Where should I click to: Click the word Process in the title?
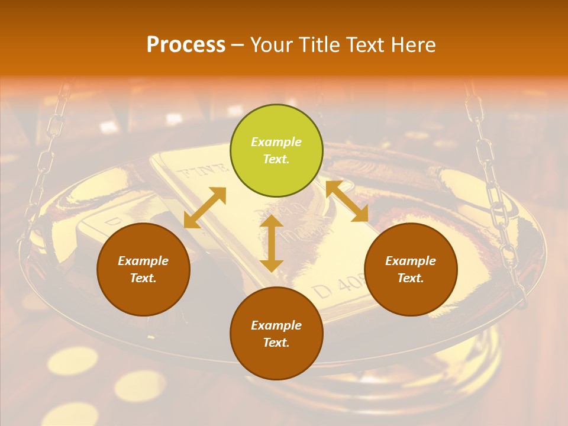click(186, 45)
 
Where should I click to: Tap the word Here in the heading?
click(413, 45)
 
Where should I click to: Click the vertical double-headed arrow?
click(272, 243)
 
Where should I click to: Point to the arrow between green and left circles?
click(205, 208)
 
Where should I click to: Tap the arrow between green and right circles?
click(347, 201)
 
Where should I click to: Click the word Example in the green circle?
click(276, 142)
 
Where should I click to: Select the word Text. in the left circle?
click(143, 278)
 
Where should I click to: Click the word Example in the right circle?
click(411, 261)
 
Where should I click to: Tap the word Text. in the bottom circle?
click(276, 343)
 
